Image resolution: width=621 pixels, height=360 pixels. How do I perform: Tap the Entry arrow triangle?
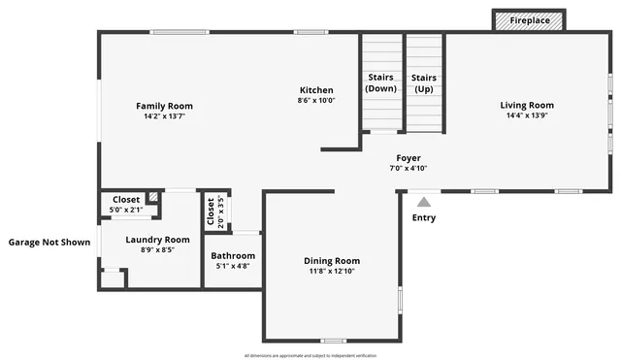click(423, 202)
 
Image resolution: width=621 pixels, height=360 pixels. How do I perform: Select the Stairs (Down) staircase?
click(381, 83)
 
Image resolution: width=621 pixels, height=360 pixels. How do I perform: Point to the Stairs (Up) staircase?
click(423, 83)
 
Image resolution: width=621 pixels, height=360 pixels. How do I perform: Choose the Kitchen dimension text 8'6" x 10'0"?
click(315, 100)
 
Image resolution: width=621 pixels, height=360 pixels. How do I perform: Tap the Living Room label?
click(527, 105)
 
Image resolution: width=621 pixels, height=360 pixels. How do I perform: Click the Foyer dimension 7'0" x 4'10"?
click(409, 168)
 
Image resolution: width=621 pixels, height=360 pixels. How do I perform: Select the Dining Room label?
click(332, 260)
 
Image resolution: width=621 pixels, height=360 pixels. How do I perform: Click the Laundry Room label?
click(157, 239)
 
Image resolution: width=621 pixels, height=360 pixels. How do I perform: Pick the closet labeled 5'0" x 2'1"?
click(126, 205)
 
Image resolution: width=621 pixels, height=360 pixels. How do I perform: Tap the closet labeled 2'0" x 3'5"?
click(210, 212)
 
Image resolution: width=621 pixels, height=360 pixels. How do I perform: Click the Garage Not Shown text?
click(49, 242)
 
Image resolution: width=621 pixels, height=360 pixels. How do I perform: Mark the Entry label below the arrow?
click(424, 217)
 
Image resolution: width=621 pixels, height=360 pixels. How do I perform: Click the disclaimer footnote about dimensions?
click(310, 354)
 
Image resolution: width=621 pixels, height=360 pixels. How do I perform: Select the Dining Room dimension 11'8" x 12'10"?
click(332, 271)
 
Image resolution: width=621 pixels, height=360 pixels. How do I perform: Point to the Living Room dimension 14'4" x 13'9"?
click(527, 115)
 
